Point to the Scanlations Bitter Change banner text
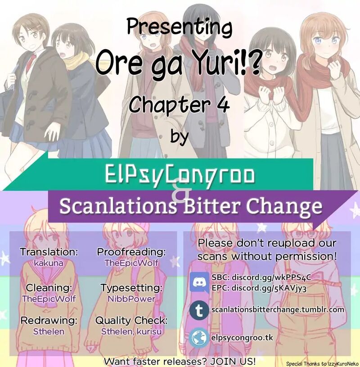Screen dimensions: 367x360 (x=191, y=206)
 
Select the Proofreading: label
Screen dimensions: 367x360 (x=131, y=252)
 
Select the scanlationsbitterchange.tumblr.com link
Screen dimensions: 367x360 (x=278, y=310)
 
